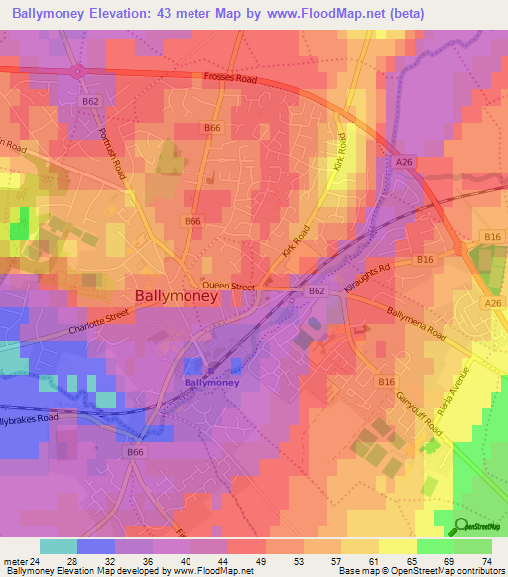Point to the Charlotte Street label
tap(99, 324)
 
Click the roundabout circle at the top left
tap(76, 71)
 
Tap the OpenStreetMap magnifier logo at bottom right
tap(463, 527)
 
